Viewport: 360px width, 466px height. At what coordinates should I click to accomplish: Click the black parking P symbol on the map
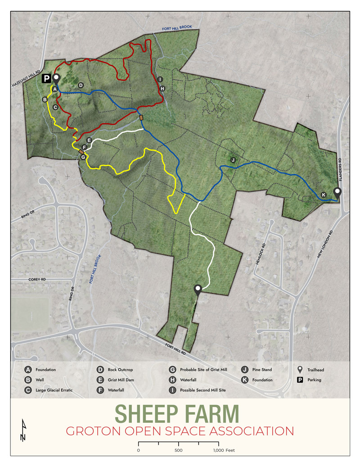(46, 79)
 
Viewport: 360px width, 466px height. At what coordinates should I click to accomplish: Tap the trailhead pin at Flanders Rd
(337, 192)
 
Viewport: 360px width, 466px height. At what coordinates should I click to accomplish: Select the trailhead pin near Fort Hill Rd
(197, 290)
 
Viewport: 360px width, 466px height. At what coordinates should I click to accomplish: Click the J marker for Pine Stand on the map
(233, 160)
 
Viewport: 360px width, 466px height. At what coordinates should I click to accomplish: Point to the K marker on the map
(323, 195)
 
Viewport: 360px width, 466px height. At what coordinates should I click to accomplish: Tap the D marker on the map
(81, 85)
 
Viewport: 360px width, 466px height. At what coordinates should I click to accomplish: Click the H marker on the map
(162, 88)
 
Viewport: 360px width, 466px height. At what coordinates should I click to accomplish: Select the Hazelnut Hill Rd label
(23, 80)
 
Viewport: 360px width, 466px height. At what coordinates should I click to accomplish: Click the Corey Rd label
(38, 279)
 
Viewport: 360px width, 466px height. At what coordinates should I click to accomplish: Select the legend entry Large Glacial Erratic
(54, 390)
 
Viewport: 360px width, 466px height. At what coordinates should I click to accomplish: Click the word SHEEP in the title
(148, 413)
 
